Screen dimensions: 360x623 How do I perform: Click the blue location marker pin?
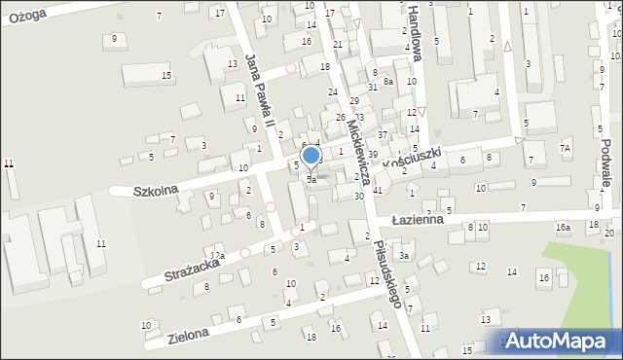(311, 156)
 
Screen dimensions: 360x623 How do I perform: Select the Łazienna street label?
(418, 220)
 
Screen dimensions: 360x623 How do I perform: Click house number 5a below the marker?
(311, 180)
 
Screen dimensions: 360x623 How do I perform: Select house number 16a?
(563, 228)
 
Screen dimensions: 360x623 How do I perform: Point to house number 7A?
(565, 148)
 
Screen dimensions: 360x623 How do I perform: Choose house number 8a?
(387, 82)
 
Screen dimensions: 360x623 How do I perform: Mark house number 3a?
(403, 256)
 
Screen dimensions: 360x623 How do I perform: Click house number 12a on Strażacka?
(219, 256)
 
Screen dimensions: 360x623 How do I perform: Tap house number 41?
(377, 190)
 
